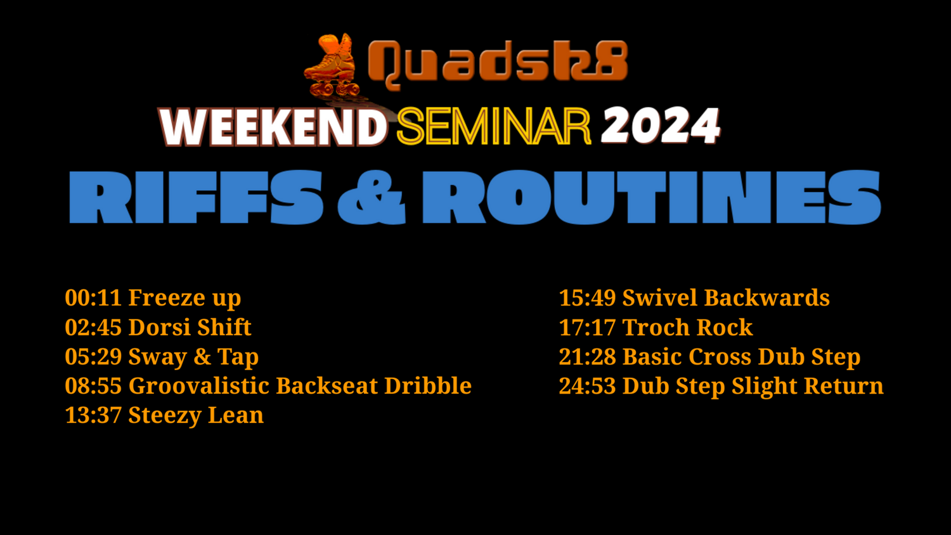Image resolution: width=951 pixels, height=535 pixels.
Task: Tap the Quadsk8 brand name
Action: pos(498,63)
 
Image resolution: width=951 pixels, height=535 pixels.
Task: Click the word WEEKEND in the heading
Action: pos(273,127)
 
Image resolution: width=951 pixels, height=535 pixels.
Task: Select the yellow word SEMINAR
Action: pos(494,126)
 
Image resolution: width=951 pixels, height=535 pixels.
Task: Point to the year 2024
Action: pos(661,126)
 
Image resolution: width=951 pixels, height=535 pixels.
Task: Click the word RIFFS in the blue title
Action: pos(196,197)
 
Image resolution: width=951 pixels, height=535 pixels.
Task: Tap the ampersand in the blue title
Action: pos(372,197)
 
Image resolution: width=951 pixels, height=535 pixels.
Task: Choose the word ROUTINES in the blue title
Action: pos(652,197)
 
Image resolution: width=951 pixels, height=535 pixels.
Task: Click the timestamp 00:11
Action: pos(93,297)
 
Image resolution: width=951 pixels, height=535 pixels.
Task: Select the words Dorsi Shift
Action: pos(190,327)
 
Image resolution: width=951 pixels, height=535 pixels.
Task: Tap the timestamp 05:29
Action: pos(93,356)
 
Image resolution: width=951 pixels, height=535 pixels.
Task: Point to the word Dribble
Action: pos(428,385)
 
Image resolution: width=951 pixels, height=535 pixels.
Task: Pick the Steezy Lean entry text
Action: pos(196,415)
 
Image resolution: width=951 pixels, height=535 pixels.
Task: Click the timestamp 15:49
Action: pos(587,297)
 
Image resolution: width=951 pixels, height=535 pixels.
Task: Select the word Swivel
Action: pos(660,297)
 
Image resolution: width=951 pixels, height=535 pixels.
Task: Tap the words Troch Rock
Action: pos(687,327)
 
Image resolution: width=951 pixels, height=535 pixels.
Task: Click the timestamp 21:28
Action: pos(587,356)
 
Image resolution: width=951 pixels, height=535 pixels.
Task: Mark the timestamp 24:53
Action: pos(587,385)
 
